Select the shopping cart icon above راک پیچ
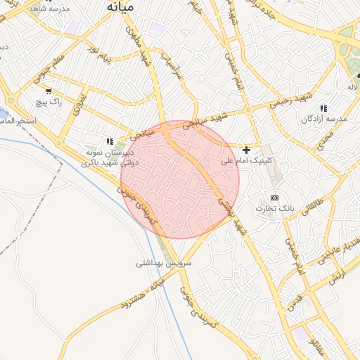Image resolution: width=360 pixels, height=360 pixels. (x=48, y=91)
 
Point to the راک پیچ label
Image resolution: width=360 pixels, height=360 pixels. (x=48, y=103)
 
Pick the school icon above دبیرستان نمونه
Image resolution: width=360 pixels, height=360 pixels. (x=109, y=141)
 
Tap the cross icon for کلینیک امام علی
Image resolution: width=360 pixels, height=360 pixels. (x=246, y=150)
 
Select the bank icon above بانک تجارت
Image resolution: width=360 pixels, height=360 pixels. (x=274, y=198)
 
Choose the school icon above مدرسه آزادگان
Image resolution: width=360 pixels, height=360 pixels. (x=323, y=108)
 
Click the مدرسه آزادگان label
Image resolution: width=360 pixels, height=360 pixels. (x=324, y=120)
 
